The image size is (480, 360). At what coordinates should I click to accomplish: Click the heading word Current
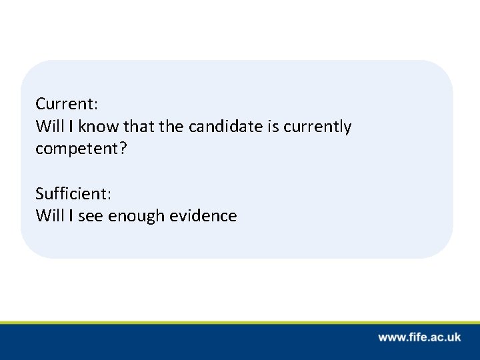pos(65,105)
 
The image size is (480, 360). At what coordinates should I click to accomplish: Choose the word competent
pos(74,149)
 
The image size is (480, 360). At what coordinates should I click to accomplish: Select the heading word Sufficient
pos(72,194)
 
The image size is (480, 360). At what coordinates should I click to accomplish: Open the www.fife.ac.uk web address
pos(419,337)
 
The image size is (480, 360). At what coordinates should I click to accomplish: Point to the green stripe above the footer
pos(240,323)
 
